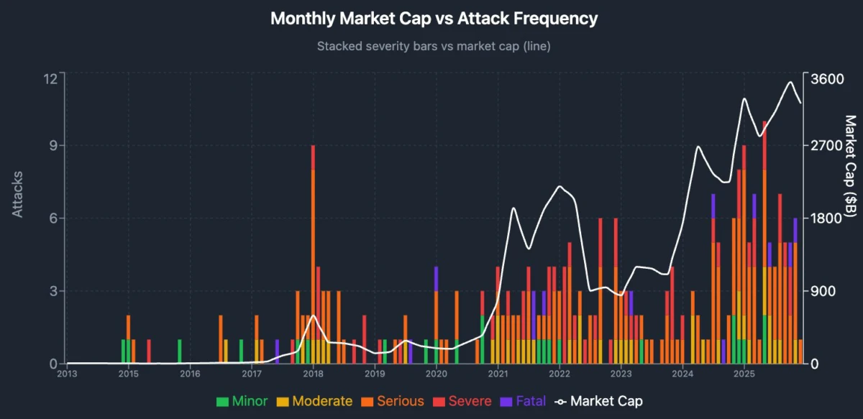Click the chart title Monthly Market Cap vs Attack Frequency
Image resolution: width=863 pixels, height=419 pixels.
pos(434,19)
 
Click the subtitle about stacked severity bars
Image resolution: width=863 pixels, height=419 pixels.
pos(434,46)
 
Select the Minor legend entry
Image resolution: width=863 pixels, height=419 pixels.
pos(242,401)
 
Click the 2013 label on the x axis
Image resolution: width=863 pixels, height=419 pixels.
pos(67,374)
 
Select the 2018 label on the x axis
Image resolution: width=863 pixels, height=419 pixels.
pos(313,374)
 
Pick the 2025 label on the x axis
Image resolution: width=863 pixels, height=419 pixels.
pos(744,374)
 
